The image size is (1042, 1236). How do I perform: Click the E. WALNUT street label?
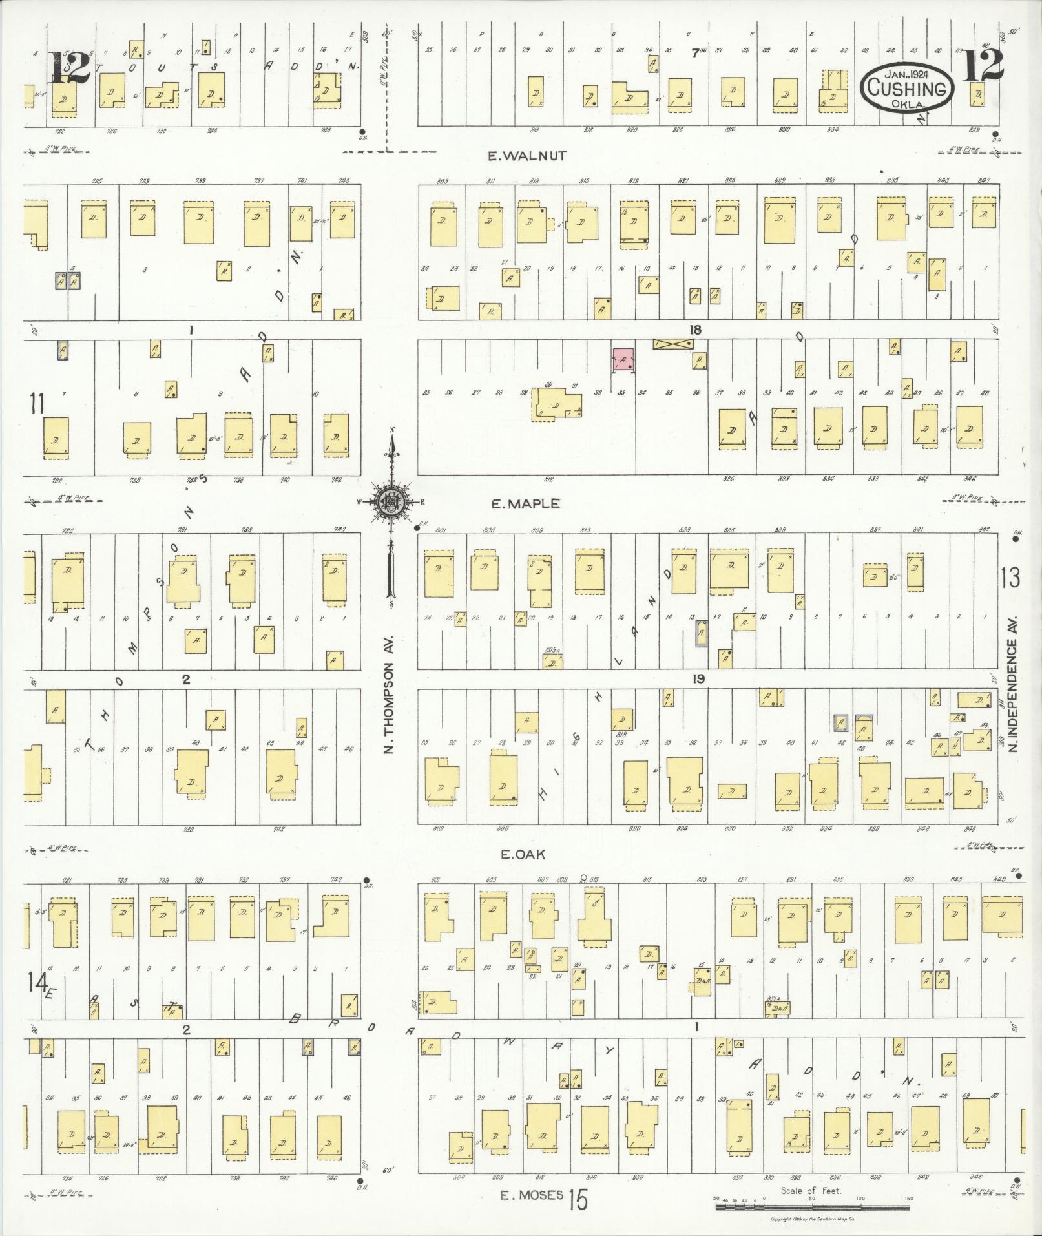pyautogui.click(x=527, y=156)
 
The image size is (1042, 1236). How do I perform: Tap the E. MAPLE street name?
pyautogui.click(x=525, y=504)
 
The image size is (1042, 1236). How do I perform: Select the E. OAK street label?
pyautogui.click(x=523, y=854)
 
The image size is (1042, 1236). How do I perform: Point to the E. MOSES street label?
pyautogui.click(x=532, y=1195)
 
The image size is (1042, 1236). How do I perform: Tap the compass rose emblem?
pyautogui.click(x=391, y=501)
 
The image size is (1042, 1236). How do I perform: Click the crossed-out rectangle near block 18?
pyautogui.click(x=672, y=344)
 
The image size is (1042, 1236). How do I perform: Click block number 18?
pyautogui.click(x=694, y=330)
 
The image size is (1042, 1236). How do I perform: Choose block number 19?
pyautogui.click(x=698, y=679)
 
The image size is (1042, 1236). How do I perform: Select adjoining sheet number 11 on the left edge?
pyautogui.click(x=36, y=404)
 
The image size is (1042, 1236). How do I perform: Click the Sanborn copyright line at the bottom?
pyautogui.click(x=813, y=1219)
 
